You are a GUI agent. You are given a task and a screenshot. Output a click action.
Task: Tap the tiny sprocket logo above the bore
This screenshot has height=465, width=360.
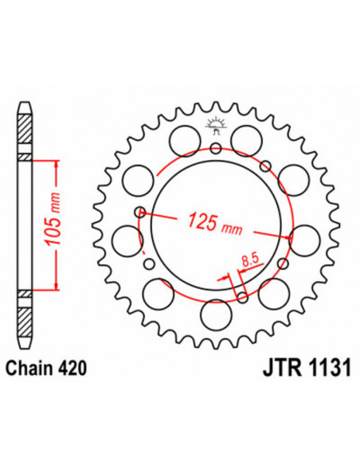[215, 123]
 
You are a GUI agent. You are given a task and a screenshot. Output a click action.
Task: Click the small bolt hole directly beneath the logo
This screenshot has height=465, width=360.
[215, 148]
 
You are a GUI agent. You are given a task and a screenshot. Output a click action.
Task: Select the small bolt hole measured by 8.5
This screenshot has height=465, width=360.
[242, 299]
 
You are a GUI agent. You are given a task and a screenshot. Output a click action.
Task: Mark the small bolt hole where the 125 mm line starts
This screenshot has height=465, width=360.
[140, 212]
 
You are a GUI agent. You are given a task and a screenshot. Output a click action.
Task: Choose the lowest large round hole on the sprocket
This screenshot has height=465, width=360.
[215, 314]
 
